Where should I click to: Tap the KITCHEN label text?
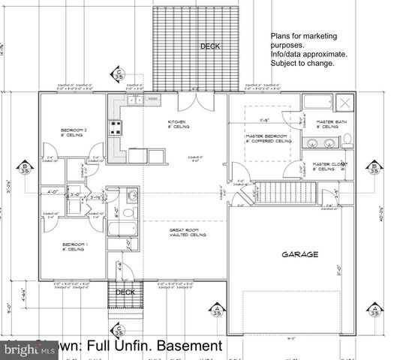pos(176,121)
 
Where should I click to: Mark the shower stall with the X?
pos(346,103)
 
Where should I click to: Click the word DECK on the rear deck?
pos(210,46)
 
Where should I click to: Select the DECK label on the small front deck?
pos(125,292)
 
